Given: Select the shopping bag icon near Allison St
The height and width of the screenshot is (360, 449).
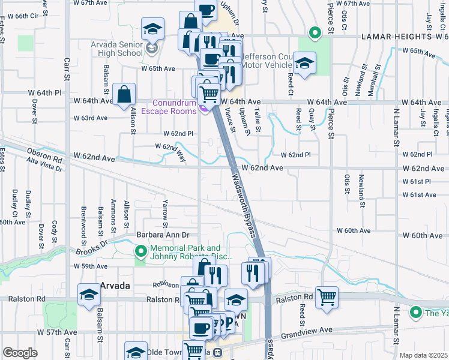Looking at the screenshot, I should tap(124, 94).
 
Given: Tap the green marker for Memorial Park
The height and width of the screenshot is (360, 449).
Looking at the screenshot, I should tap(141, 251).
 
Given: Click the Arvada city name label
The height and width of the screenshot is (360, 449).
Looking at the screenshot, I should tap(115, 286).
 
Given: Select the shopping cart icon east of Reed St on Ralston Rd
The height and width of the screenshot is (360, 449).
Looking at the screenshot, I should tap(327, 296).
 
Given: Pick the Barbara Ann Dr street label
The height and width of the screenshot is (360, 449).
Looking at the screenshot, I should tap(163, 235).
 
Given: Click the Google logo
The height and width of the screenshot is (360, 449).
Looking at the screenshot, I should tap(20, 353).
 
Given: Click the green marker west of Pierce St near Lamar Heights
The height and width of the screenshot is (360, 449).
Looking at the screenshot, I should tap(313, 32).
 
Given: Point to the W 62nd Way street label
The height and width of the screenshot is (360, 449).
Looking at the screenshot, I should tap(171, 149).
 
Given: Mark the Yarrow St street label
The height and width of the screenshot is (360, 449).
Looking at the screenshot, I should tap(164, 209).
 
